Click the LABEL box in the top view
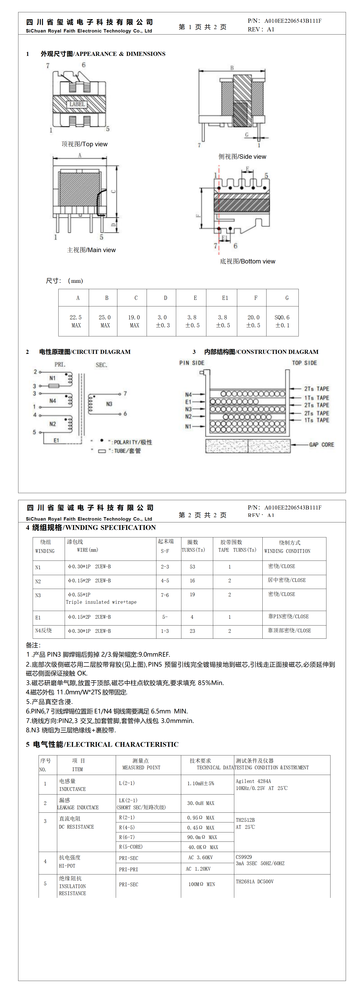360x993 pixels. (77, 104)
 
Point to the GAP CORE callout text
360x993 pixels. (321, 444)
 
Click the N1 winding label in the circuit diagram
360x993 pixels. (52, 378)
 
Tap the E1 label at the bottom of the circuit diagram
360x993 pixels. (56, 440)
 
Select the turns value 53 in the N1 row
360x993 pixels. (192, 567)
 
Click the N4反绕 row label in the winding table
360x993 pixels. (44, 631)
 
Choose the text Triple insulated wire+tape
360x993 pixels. (101, 602)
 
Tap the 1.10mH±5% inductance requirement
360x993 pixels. (200, 783)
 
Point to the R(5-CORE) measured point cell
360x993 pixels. (131, 847)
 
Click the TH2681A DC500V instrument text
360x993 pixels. (254, 882)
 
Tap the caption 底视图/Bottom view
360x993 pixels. (247, 261)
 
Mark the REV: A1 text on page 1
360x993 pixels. (261, 29)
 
